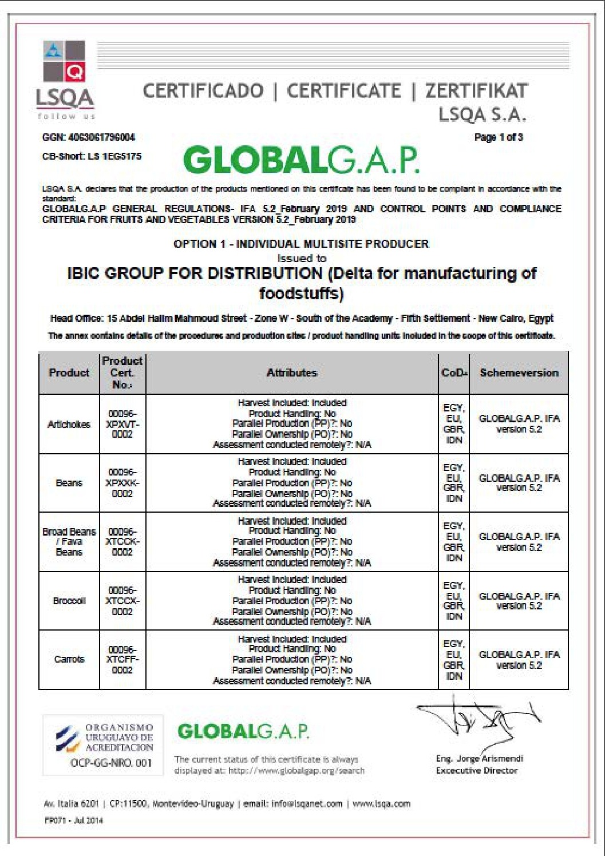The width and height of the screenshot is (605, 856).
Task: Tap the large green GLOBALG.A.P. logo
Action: [x=301, y=160]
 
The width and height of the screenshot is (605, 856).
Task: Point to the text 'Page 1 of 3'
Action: [x=499, y=137]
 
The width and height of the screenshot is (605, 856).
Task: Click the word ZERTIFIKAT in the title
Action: [x=476, y=90]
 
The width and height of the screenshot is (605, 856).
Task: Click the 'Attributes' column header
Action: [x=292, y=373]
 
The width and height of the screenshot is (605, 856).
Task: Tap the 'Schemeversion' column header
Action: [x=519, y=373]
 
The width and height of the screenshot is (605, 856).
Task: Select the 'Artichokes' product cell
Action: [x=69, y=425]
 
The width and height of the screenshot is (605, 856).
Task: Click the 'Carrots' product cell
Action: [x=69, y=660]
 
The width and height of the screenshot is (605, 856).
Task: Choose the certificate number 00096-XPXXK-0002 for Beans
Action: [x=122, y=483]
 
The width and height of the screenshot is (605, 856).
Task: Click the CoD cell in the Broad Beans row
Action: [x=454, y=542]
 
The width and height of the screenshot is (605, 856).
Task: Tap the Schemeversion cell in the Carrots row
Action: [x=519, y=660]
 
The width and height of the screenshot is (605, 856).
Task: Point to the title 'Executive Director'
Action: [x=477, y=771]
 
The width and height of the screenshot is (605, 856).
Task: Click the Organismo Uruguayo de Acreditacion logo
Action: [x=104, y=743]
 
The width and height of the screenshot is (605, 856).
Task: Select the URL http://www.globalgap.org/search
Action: [x=296, y=771]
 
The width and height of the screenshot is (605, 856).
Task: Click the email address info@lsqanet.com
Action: [x=307, y=804]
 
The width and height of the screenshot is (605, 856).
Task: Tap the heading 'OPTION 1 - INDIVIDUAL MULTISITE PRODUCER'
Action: [x=301, y=244]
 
